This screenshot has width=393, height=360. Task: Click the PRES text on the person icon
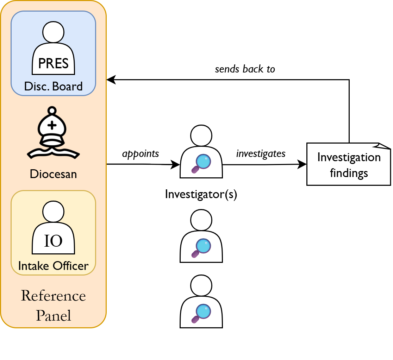[53, 64]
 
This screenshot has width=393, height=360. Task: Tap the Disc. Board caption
[53, 86]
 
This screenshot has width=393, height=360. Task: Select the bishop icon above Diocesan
[52, 133]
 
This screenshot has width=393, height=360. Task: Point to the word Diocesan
[53, 174]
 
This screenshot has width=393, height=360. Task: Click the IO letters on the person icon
[53, 241]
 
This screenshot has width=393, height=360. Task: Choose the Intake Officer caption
[53, 266]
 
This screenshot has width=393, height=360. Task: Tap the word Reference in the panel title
[53, 296]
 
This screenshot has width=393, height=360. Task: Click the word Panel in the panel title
[53, 315]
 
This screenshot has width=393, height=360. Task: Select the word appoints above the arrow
[141, 154]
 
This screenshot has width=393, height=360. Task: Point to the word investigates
[261, 154]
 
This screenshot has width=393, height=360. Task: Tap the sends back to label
[245, 69]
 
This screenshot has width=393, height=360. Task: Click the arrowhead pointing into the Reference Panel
[111, 80]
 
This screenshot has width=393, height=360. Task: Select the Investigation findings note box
[349, 164]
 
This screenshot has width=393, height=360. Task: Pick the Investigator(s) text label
[201, 194]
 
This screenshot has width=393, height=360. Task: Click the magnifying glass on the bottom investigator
[202, 313]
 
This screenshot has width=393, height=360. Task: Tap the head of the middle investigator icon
[201, 220]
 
